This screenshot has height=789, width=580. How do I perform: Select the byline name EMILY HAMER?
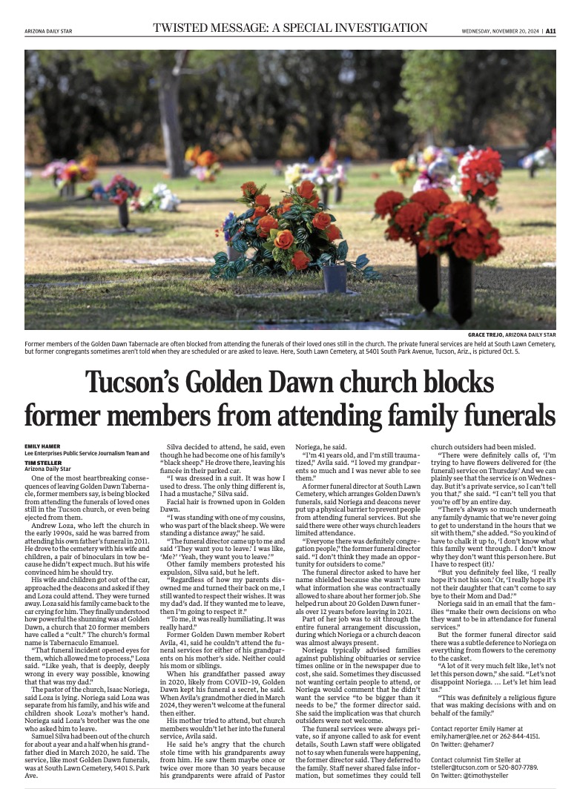(44, 445)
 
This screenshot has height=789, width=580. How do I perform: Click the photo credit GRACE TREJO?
(489, 335)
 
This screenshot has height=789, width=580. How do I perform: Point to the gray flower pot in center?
(334, 277)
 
